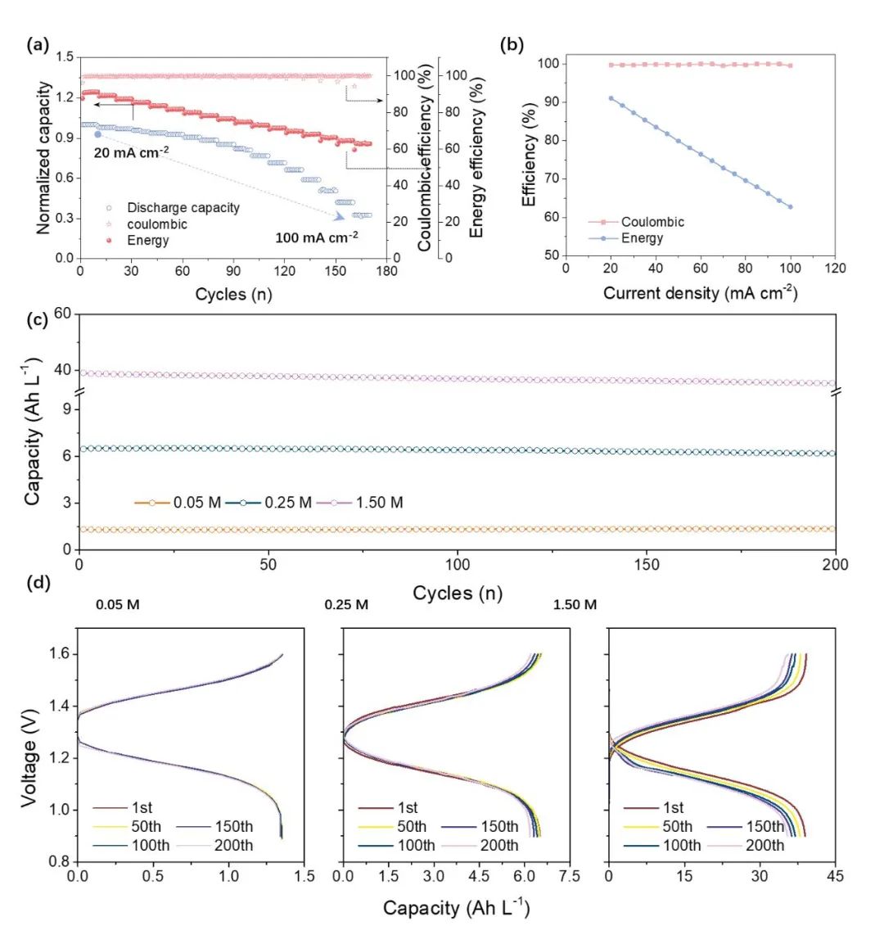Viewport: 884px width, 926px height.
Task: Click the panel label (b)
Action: click(x=512, y=46)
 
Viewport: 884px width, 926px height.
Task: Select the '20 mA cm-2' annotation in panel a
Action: click(x=133, y=151)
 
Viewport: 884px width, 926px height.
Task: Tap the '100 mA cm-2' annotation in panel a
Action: click(x=316, y=238)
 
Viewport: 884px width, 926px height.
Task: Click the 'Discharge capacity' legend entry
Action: click(x=183, y=208)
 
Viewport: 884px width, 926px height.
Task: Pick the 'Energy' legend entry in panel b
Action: click(x=642, y=238)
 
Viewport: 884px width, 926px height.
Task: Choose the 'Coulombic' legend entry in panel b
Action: click(x=652, y=222)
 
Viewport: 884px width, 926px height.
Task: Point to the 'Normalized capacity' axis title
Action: click(x=44, y=158)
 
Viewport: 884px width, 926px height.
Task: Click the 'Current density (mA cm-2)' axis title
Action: click(x=700, y=292)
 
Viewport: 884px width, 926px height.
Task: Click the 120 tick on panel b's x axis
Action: click(x=834, y=269)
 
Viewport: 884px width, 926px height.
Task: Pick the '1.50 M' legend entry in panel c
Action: click(x=379, y=503)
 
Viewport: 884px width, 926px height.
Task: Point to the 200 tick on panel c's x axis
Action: click(x=835, y=565)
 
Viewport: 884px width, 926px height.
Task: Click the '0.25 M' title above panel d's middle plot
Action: click(x=346, y=605)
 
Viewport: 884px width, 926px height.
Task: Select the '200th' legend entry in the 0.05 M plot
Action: click(x=233, y=845)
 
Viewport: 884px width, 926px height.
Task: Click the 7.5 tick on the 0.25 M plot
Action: click(x=568, y=876)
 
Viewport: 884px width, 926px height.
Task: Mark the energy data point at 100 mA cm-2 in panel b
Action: click(x=790, y=207)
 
